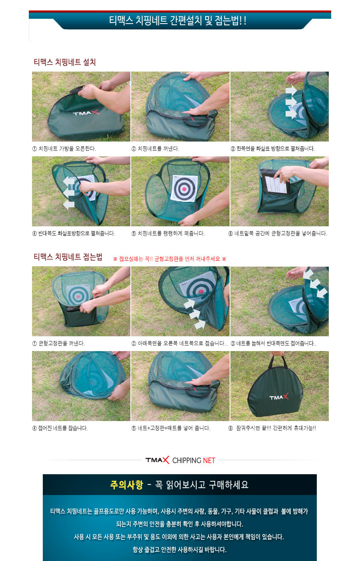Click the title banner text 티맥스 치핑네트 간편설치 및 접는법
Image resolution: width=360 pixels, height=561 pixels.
pos(178,20)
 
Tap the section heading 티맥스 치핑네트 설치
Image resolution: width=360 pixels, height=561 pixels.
pos(65,62)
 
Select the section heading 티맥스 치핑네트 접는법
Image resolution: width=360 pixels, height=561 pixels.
pos(68,257)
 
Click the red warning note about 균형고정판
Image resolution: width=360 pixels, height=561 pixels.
pos(170,259)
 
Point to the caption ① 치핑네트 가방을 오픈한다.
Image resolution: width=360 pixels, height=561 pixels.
pos(64,148)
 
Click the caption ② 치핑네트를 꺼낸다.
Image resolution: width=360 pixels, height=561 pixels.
pos(155,148)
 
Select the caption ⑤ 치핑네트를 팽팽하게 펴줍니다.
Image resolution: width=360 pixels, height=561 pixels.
pos(168,234)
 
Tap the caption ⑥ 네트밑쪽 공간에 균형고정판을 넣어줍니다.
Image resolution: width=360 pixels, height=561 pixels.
pos(278,234)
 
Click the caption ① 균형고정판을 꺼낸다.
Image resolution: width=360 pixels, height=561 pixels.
pos(58,343)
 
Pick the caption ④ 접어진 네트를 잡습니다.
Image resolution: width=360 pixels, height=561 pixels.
pos(60,428)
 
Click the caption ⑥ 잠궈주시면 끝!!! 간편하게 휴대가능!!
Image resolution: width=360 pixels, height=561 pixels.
pos(272,428)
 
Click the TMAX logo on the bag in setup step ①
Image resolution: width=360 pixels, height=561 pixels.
pos(86,112)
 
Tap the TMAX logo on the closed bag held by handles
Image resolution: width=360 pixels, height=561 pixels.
pos(279,397)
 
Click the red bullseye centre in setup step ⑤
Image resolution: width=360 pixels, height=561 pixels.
pos(184,189)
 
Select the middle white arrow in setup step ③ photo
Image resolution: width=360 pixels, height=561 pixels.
pos(291,102)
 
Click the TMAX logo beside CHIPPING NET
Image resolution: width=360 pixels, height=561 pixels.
pos(157,460)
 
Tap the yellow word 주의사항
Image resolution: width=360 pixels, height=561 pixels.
pos(126,485)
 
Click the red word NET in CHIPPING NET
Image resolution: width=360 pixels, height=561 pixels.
pos(209,460)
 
